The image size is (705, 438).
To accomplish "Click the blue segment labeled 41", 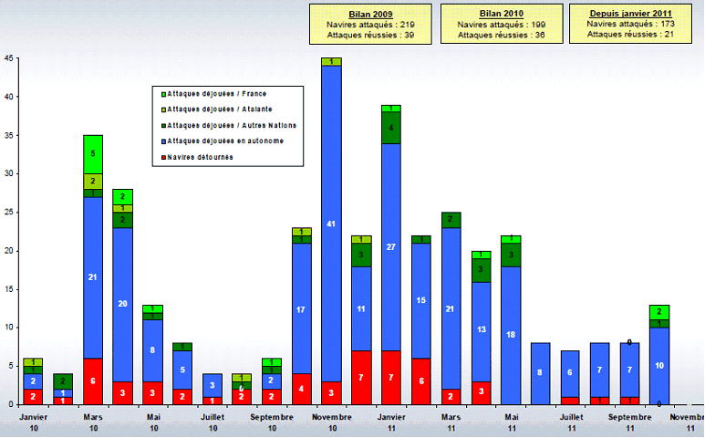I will click(331, 224).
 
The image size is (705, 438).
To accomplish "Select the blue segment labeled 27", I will click(391, 246).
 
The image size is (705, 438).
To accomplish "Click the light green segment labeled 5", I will click(93, 153).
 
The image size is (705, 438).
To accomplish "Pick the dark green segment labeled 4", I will click(391, 128).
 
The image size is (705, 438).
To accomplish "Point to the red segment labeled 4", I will click(302, 388).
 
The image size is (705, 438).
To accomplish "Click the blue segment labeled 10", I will click(659, 365).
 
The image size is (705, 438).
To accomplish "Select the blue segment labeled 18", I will click(511, 335).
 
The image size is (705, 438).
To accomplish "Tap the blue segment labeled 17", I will click(302, 309).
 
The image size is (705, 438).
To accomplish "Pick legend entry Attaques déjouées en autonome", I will click(223, 141).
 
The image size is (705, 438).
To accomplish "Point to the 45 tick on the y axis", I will click(8, 58).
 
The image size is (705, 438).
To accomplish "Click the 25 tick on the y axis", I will click(8, 212).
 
